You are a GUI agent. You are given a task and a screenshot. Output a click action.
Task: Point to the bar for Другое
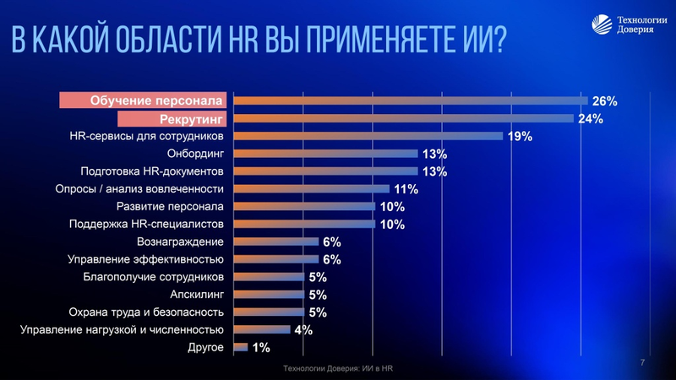pyautogui.click(x=240, y=347)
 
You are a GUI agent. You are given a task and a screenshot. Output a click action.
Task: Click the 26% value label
pyautogui.click(x=604, y=101)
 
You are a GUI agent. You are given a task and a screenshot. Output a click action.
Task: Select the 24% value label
pyautogui.click(x=590, y=119)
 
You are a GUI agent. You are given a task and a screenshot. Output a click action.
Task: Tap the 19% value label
pyautogui.click(x=520, y=137)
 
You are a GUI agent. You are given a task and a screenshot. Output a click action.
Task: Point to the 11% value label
pyautogui.click(x=406, y=189)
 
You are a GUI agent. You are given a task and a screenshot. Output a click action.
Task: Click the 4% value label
pyautogui.click(x=303, y=330)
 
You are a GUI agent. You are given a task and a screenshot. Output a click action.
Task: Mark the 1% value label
pyautogui.click(x=261, y=348)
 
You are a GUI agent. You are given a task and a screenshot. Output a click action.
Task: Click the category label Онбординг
pyautogui.click(x=194, y=154)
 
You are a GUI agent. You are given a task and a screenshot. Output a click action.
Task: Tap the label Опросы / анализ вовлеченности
pyautogui.click(x=139, y=189)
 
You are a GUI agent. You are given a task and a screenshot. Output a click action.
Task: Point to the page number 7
pyautogui.click(x=642, y=362)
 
